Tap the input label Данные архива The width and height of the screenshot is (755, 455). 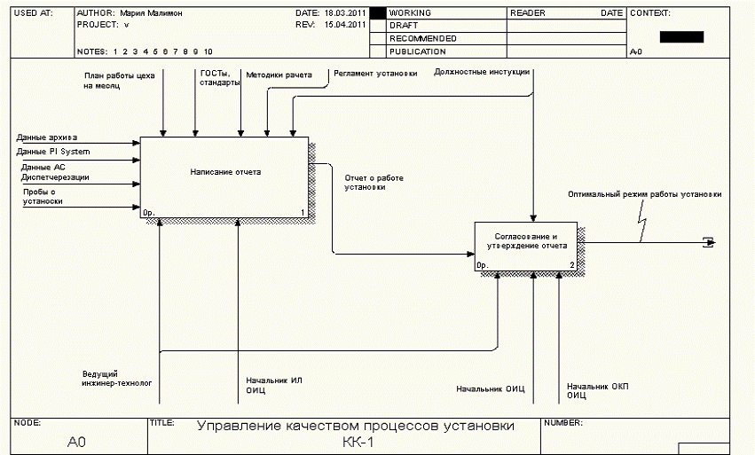(x=47, y=137)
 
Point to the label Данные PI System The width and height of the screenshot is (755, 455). (x=53, y=152)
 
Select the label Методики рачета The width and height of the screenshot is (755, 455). (x=279, y=75)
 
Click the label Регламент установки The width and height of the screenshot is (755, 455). (x=375, y=74)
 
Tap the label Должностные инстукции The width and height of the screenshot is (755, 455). (x=482, y=73)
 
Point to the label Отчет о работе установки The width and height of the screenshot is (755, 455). (x=374, y=183)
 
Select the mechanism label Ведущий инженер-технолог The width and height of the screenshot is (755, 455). (x=117, y=379)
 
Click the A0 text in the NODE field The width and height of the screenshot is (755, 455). (x=76, y=442)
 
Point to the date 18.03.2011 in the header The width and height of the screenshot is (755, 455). (x=345, y=14)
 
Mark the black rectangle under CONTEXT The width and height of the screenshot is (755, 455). (x=682, y=37)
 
